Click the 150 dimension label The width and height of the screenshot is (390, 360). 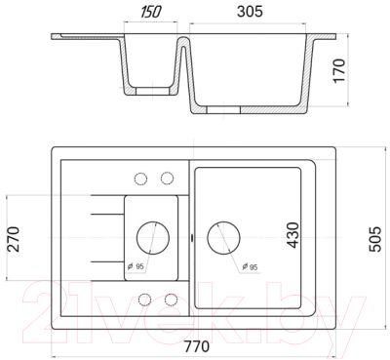tap(151, 13)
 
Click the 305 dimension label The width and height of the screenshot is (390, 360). tap(250, 12)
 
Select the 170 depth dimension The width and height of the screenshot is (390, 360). tap(339, 70)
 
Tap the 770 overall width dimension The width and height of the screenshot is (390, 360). tap(197, 346)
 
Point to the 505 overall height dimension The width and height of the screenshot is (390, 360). tap(375, 239)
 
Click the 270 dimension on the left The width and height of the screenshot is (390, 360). tap(14, 239)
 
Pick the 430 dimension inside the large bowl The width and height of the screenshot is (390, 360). tap(293, 235)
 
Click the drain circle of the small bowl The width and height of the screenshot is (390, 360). tap(153, 237)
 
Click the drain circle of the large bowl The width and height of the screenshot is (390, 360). tap(223, 237)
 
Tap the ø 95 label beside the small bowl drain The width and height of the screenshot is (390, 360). tap(136, 266)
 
